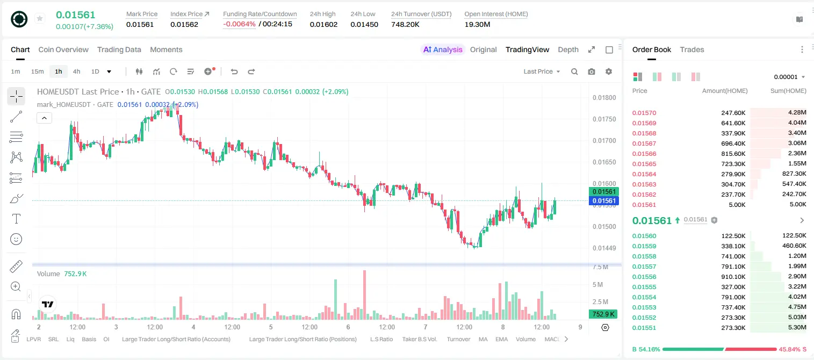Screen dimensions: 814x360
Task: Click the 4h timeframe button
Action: (76, 71)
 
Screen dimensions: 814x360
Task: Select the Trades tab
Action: (692, 49)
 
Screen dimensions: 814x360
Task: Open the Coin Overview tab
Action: (63, 49)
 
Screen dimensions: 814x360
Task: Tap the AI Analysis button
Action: (443, 49)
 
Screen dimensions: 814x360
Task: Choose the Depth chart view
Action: (568, 50)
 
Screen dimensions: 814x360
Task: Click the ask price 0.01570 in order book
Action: (644, 113)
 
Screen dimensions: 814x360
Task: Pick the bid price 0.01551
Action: (644, 328)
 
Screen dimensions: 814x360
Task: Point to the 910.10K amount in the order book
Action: (733, 277)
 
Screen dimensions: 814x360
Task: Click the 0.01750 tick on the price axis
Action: (604, 119)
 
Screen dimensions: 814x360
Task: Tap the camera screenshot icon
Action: (592, 71)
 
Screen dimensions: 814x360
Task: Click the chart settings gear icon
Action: (609, 71)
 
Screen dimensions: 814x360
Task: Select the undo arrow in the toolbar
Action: (234, 71)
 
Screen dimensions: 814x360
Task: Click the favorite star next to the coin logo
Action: (40, 18)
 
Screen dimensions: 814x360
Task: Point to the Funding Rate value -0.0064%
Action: (239, 24)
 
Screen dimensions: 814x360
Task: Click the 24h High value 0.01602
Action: (323, 24)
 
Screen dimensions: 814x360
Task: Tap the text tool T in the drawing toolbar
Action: (16, 219)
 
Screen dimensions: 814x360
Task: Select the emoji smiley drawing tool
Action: (16, 239)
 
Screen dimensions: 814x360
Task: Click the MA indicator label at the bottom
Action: (483, 339)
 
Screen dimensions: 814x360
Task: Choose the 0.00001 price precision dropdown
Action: (789, 77)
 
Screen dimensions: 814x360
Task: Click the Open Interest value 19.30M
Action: (477, 24)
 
